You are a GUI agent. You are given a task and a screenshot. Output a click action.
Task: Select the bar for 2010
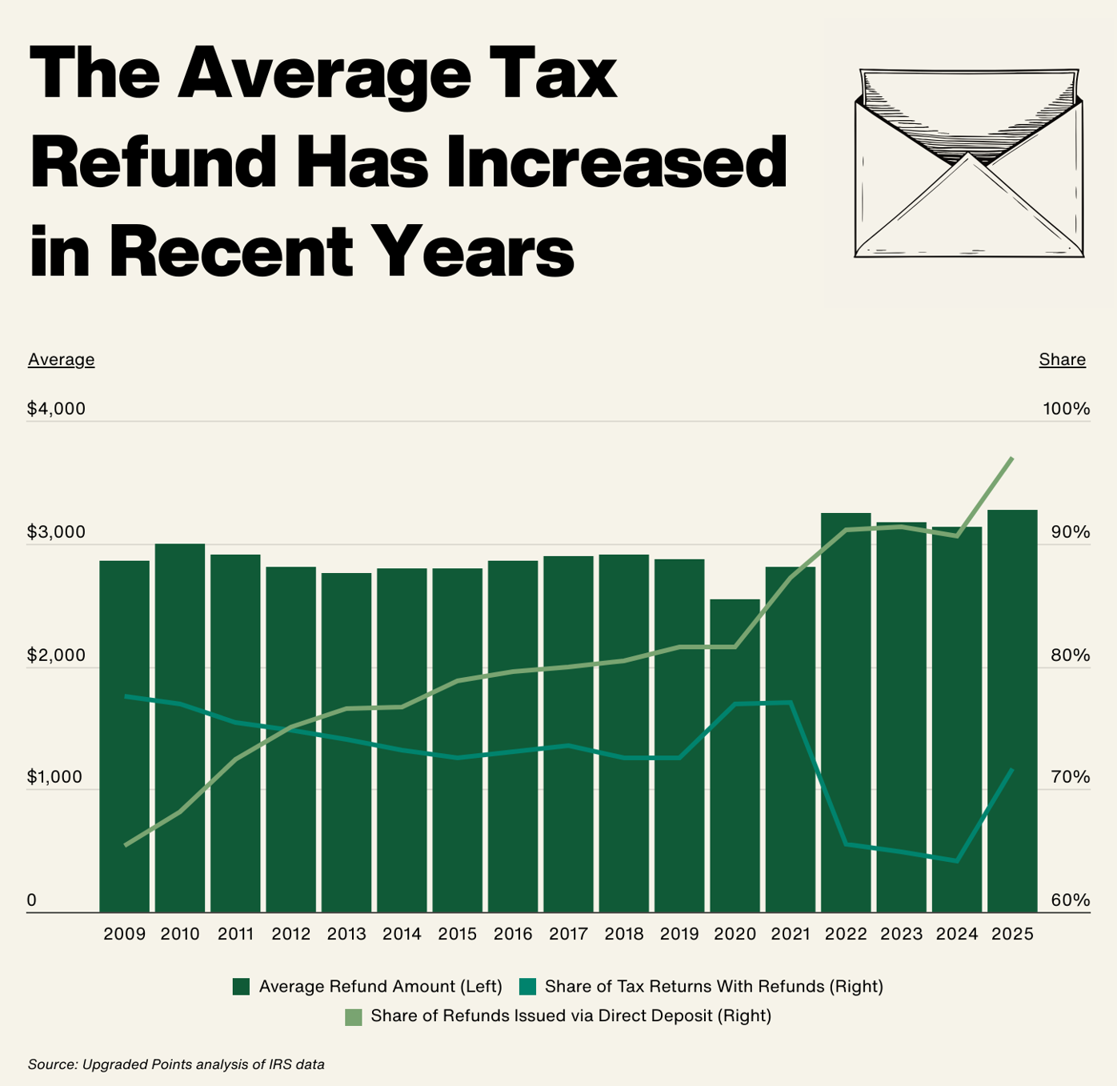click(x=180, y=728)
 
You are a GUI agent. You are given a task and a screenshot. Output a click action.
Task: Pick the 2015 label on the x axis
click(x=458, y=934)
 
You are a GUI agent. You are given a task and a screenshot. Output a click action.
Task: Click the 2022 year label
click(x=846, y=934)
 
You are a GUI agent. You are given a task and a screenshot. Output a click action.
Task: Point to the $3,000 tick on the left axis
click(x=56, y=532)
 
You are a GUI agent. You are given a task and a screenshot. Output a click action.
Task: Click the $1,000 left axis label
click(x=56, y=777)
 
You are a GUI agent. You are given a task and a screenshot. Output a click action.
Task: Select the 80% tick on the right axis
click(x=1070, y=655)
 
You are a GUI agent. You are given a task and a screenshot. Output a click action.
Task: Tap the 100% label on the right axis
click(x=1066, y=409)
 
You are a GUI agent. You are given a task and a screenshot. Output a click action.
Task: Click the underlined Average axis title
click(x=62, y=359)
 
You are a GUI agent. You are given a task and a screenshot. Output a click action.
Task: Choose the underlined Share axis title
click(x=1062, y=359)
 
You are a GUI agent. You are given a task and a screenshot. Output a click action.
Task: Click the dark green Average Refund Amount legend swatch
click(x=242, y=987)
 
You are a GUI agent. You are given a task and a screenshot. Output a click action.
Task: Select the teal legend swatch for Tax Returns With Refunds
click(x=527, y=987)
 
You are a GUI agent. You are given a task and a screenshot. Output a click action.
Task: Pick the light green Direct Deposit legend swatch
click(x=353, y=1016)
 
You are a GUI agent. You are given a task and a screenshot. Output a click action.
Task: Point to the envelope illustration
click(x=968, y=164)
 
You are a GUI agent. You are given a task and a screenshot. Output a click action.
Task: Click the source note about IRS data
click(x=176, y=1064)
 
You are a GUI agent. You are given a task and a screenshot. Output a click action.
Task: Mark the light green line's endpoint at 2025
click(x=1013, y=458)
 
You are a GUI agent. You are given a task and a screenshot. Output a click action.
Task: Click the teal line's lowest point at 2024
click(x=957, y=861)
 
